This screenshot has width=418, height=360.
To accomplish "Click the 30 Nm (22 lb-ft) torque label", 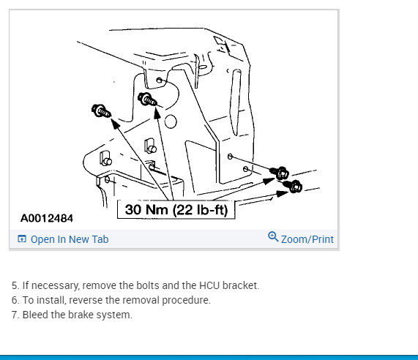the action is [x=176, y=210].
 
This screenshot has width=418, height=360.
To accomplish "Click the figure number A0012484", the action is [x=47, y=218].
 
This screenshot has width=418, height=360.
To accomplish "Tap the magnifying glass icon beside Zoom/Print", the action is [x=273, y=236].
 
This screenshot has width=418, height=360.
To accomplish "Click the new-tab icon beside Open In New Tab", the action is [x=22, y=239].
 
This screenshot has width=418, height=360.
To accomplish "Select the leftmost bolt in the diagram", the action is [x=101, y=110].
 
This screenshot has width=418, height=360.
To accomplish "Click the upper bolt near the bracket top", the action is [x=147, y=100].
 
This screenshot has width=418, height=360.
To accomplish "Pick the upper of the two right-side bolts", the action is [x=279, y=173].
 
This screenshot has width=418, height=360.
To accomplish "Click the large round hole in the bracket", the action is [x=171, y=121].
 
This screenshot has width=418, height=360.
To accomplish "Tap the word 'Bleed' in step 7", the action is [x=35, y=315].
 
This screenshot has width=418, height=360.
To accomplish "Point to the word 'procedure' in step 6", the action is [x=186, y=300].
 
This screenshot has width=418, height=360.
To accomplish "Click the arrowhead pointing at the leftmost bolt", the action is [x=115, y=124].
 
